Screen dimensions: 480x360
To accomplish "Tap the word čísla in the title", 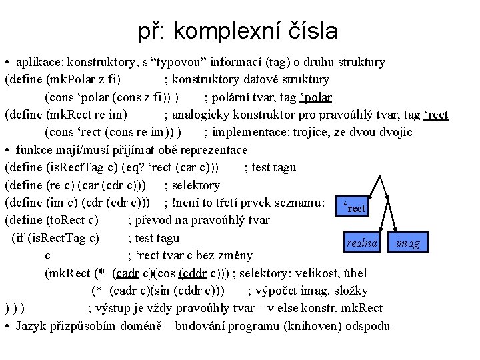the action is (315, 31).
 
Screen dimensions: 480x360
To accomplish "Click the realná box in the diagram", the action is (363, 243).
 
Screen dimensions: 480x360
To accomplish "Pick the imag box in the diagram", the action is (407, 243).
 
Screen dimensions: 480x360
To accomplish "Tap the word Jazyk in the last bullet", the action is (31, 325).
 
